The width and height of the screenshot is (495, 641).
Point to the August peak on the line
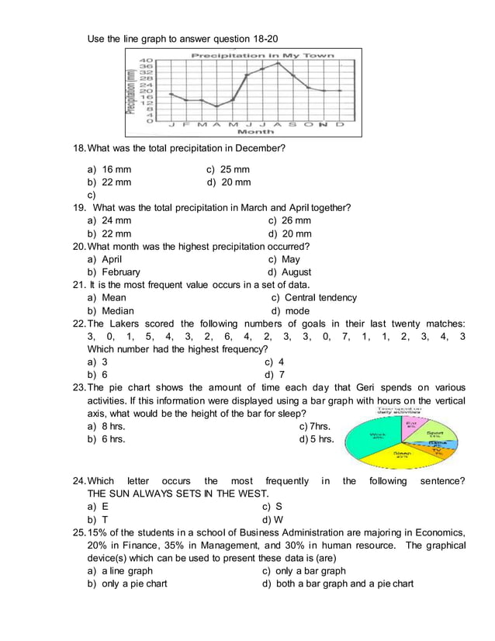pos(277,63)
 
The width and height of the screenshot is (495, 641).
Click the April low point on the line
pos(216,106)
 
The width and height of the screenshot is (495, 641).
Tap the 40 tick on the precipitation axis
pos(146,60)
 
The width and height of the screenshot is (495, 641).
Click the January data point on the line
pos(171,94)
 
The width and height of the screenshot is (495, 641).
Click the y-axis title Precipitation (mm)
pos(132,92)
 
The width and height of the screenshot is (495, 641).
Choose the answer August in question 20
pos(297,272)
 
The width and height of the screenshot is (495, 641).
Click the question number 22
pos(79,324)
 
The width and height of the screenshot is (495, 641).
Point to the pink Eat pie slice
pos(410,424)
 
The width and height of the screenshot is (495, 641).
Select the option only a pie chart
pos(134,584)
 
